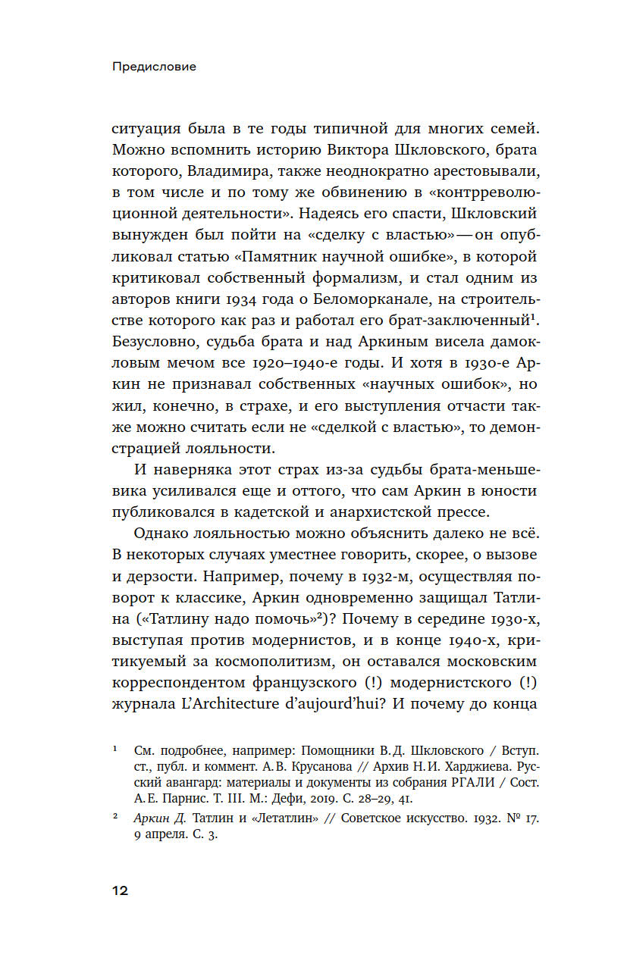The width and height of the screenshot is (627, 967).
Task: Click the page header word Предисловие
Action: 154,67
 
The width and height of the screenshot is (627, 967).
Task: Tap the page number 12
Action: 120,890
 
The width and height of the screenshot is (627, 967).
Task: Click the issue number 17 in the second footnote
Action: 530,818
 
